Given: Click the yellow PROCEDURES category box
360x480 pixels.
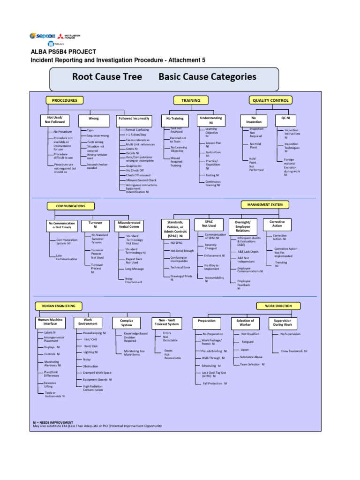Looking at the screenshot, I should (x=65, y=100).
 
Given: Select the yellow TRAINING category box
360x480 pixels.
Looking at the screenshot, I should (x=191, y=100).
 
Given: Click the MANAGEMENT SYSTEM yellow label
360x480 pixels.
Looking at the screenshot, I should (x=265, y=204).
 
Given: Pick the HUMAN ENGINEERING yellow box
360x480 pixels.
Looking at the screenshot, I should (x=59, y=306).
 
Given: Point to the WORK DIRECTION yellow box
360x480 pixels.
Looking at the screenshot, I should (x=278, y=306).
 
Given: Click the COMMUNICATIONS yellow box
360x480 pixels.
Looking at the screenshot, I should (x=71, y=206).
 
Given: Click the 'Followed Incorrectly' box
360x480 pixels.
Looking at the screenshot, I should (x=134, y=119).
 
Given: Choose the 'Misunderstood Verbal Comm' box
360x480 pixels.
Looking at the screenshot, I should (x=129, y=225).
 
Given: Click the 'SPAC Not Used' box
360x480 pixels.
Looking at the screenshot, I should (x=209, y=223).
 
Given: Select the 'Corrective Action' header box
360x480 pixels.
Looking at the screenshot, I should (x=277, y=223).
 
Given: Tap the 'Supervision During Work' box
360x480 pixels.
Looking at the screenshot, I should (x=283, y=322).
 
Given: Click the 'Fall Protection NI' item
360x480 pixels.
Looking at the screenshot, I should (x=215, y=383).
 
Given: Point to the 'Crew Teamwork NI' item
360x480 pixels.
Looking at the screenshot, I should (x=294, y=351).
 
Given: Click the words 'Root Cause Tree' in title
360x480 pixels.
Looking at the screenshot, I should (x=106, y=77).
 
